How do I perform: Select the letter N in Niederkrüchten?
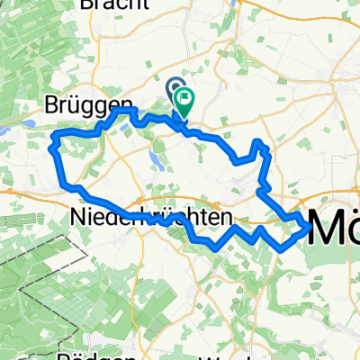click(x=76, y=218)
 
